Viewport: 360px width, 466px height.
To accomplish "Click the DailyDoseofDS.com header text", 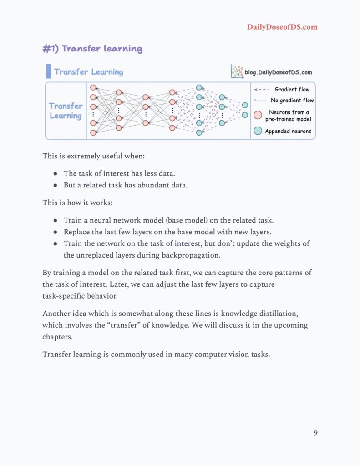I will pos(282,27).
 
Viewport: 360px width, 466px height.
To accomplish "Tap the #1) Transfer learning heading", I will pos(92,49).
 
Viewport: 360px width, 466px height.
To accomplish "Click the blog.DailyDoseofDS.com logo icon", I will pos(237,71).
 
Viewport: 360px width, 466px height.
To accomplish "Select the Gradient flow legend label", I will pos(292,89).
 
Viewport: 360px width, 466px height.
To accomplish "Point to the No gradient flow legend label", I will pos(292,100).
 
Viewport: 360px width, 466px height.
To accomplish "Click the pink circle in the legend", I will pos(258,116).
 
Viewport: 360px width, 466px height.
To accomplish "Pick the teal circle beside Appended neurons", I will pos(258,131).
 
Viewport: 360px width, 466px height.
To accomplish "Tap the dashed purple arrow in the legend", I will pos(261,90).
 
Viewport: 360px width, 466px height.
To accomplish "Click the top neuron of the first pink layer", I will pos(93,87).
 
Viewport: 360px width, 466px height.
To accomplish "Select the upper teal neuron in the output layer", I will pos(245,105).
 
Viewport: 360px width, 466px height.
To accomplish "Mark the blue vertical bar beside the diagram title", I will pos(48,71).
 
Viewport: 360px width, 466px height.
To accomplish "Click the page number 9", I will pos(315,432).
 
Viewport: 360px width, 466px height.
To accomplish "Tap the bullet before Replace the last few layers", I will pos(55,232).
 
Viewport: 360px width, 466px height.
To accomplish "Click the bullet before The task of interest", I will pos(55,174).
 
